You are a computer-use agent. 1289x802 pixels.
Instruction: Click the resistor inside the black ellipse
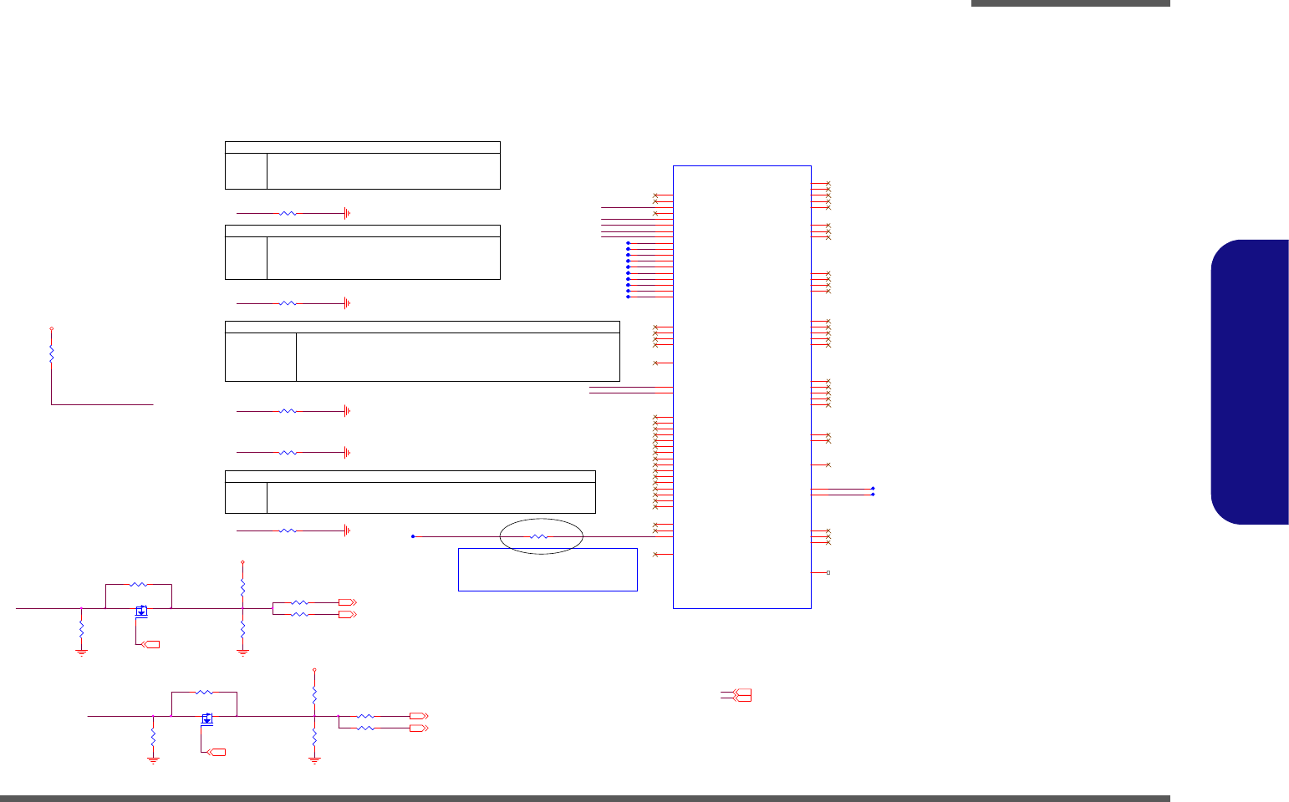(x=540, y=536)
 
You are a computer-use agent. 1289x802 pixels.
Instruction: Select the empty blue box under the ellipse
(x=548, y=570)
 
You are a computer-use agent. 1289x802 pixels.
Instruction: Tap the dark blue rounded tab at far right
(x=1250, y=382)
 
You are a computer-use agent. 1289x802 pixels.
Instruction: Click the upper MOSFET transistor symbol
(x=141, y=611)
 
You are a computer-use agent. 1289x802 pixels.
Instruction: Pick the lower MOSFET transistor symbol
(x=207, y=718)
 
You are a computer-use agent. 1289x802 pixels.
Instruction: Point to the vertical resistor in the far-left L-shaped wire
(x=51, y=354)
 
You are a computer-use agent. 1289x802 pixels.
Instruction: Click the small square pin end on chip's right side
(x=828, y=573)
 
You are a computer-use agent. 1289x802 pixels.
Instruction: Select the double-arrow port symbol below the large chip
(x=741, y=695)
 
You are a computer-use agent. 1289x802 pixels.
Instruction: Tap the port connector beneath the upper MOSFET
(x=151, y=644)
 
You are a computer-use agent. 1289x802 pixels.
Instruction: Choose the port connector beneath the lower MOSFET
(x=217, y=753)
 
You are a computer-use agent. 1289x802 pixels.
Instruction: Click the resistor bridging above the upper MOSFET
(x=139, y=585)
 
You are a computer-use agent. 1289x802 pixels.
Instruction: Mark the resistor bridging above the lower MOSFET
(x=204, y=693)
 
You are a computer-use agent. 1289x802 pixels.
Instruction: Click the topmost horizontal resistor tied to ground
(x=288, y=214)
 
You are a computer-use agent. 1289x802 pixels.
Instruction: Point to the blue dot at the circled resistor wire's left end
(x=413, y=536)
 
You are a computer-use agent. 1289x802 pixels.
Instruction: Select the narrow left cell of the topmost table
(x=246, y=170)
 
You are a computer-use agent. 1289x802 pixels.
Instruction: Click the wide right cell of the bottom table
(x=431, y=498)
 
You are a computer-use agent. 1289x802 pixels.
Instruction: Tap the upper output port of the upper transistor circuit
(x=347, y=602)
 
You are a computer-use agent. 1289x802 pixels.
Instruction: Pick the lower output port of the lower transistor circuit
(x=418, y=728)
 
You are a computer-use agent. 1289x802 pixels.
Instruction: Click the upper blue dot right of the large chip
(x=873, y=489)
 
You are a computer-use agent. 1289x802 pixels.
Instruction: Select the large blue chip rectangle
(x=741, y=387)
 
